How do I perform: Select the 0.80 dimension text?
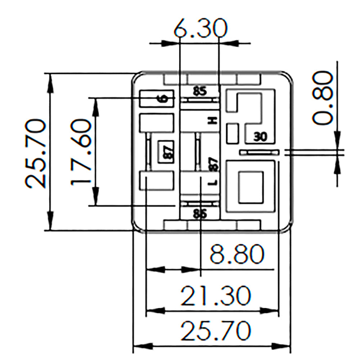[322, 98]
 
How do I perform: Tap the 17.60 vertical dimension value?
[80, 152]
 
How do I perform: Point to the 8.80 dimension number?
[237, 255]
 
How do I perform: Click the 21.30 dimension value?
[215, 296]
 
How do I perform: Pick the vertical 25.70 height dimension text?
[37, 154]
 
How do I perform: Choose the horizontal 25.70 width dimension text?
[215, 331]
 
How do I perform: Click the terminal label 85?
[200, 91]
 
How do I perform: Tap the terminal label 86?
[200, 214]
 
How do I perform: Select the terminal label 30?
[260, 136]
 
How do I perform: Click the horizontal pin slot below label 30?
[259, 153]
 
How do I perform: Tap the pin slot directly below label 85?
[200, 99]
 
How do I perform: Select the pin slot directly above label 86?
[200, 204]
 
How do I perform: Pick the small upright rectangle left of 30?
[233, 132]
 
